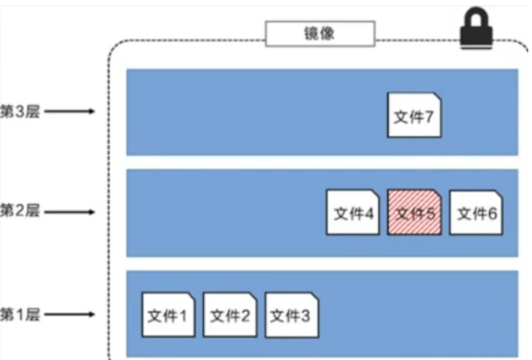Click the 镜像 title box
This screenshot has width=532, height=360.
coord(320,32)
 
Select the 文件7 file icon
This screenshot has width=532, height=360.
coord(414,115)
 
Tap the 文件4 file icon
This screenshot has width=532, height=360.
coord(353,212)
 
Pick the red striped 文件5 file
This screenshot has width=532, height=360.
coord(414,212)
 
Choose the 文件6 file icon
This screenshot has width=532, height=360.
coord(476,212)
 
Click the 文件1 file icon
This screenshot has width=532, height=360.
coord(168,315)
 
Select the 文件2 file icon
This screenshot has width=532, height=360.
coord(229,315)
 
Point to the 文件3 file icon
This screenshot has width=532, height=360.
coord(291,315)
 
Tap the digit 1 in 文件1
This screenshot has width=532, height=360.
coord(183,316)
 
